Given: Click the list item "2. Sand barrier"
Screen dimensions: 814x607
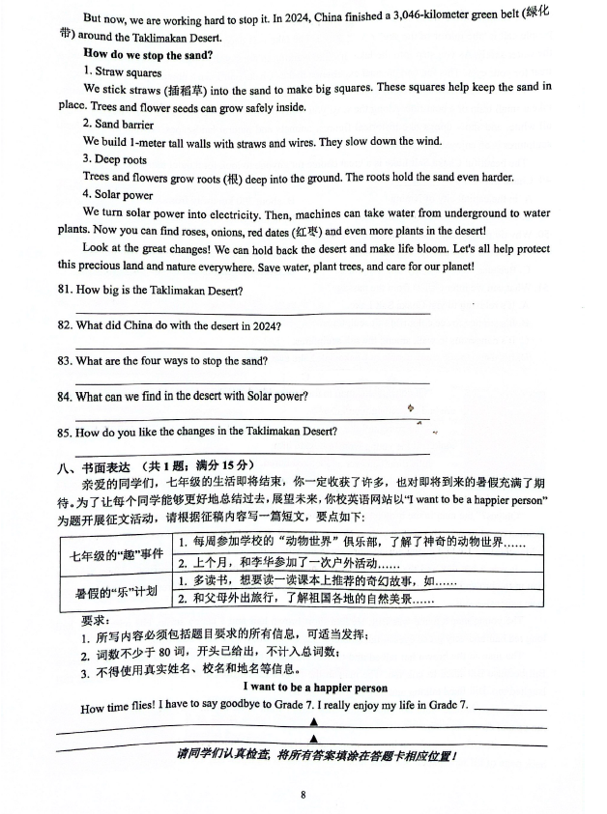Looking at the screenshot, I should (118, 125).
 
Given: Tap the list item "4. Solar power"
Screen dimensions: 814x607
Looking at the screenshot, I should (117, 195).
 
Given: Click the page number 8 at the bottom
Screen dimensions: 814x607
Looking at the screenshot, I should (303, 795).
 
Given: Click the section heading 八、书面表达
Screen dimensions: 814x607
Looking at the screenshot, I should (98, 466).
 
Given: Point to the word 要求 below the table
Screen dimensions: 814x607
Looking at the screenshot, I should (94, 620).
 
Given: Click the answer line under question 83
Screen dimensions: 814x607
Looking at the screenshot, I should (252, 383).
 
